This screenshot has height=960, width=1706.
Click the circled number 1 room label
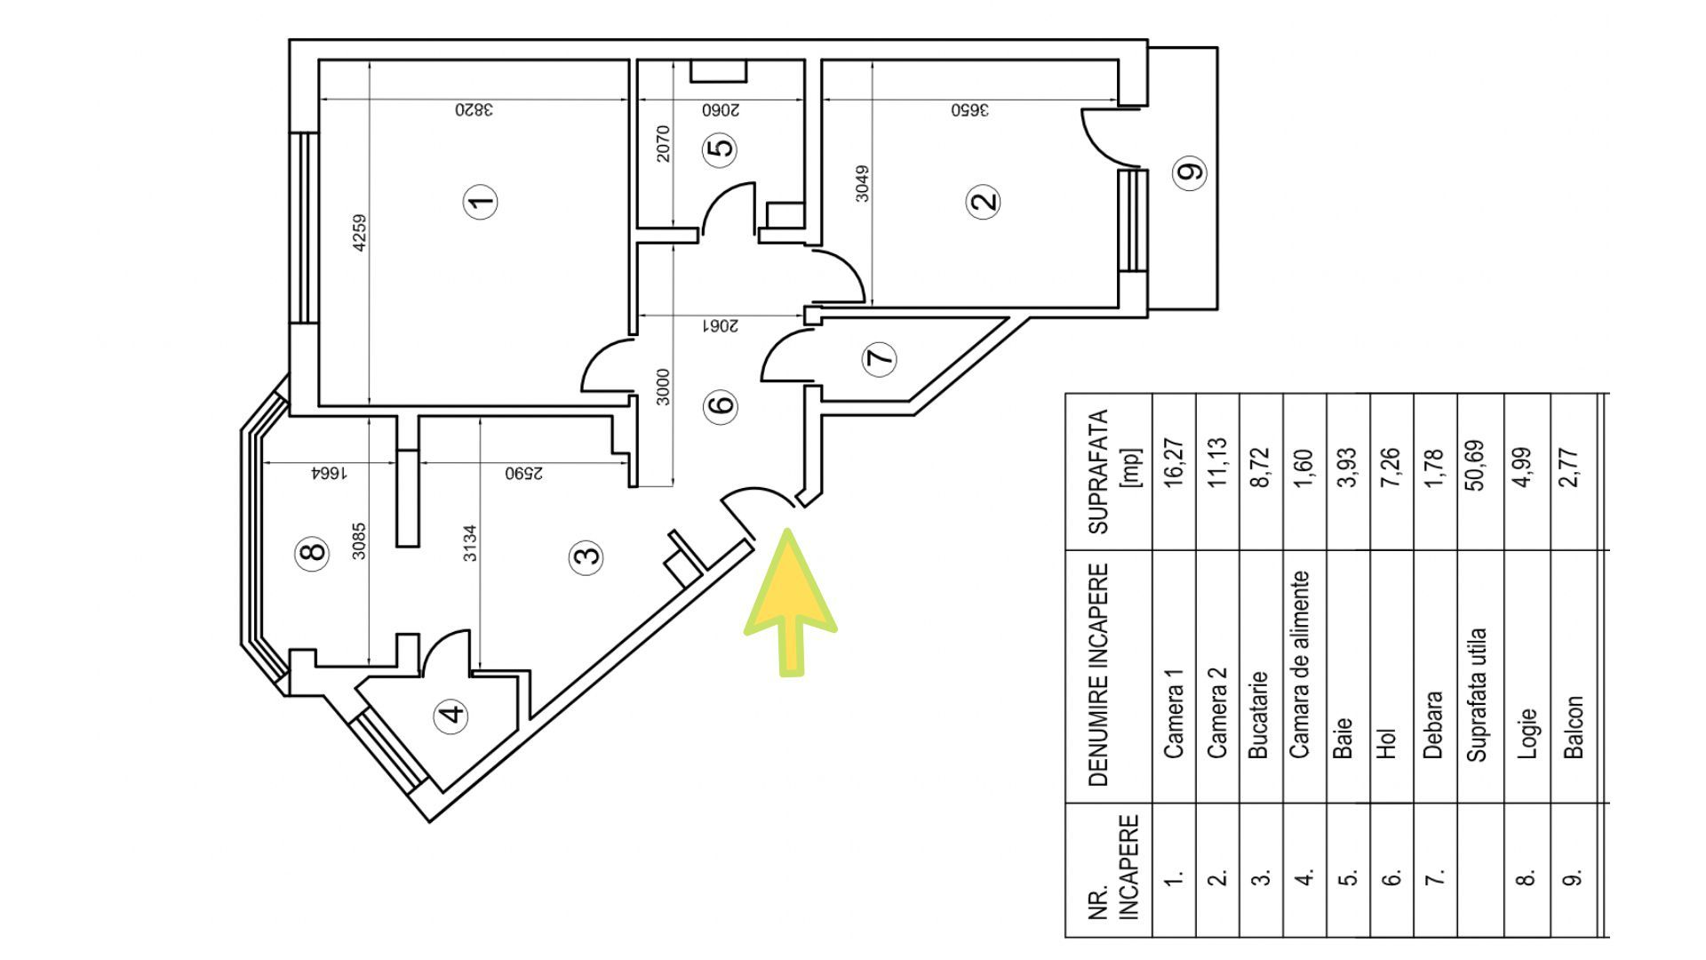482,202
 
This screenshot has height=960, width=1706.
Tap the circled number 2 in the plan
984,201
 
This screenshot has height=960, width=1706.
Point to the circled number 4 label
453,715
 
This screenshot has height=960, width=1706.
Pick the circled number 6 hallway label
721,405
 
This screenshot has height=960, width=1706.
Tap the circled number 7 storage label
880,359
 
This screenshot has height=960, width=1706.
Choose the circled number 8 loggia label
312,552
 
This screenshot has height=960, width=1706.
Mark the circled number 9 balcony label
1191,170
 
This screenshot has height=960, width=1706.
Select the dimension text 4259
359,233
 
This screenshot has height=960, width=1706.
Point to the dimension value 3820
474,110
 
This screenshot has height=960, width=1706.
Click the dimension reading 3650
970,110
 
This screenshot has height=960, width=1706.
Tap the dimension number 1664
327,474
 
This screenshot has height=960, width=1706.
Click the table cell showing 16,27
1173,460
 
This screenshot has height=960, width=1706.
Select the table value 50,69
1477,465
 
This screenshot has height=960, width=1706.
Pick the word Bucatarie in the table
1257,715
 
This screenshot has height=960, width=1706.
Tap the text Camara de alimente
1300,664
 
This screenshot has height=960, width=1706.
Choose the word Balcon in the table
1573,726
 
